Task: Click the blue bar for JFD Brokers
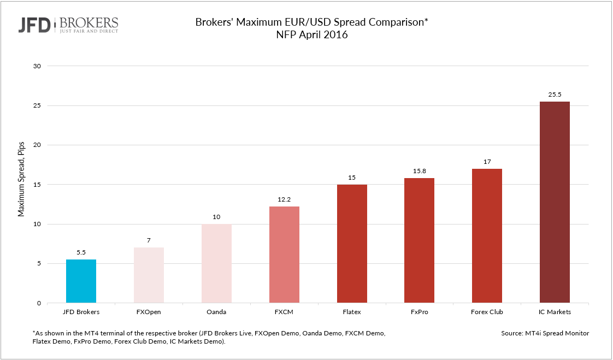[81, 281]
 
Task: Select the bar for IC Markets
[555, 202]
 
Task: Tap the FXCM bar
[284, 255]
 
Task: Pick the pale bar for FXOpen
[149, 275]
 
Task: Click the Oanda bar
[216, 263]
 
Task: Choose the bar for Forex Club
[487, 235]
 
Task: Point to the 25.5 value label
[555, 94]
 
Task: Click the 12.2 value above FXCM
[284, 199]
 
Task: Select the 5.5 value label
[81, 252]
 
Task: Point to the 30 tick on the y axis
[38, 66]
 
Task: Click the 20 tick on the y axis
[38, 145]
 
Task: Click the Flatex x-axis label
[351, 312]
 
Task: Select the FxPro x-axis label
[419, 312]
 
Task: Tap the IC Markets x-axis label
[555, 312]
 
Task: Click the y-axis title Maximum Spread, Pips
[22, 185]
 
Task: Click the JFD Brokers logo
[69, 25]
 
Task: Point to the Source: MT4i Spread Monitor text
[545, 333]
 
